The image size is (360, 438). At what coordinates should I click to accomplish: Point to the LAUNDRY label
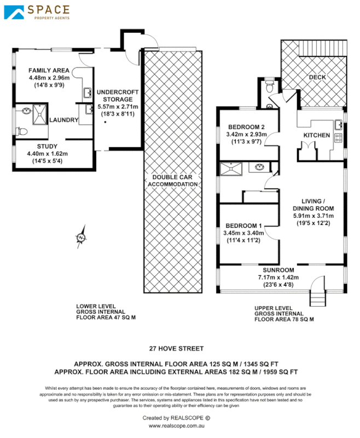(x=65, y=120)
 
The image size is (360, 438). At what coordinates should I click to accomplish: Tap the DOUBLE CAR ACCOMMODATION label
(x=173, y=181)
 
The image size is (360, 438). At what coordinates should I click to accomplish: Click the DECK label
(x=317, y=77)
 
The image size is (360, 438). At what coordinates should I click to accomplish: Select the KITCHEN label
(x=317, y=135)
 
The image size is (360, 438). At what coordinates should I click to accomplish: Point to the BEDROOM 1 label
(x=244, y=225)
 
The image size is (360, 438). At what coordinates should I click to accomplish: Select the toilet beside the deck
(x=269, y=87)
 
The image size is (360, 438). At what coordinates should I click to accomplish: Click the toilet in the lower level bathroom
(x=21, y=131)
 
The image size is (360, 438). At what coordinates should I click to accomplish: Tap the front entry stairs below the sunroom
(x=318, y=298)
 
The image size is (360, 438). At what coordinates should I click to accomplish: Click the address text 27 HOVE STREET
(x=177, y=348)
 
